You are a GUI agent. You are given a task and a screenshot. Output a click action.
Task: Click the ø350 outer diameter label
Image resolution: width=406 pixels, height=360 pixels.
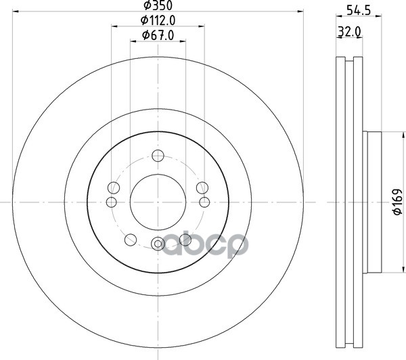click(158, 5)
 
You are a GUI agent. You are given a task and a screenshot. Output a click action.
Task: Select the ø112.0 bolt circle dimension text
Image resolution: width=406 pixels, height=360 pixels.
click(158, 20)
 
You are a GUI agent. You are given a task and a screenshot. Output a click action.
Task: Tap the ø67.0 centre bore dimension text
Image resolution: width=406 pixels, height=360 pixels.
click(158, 35)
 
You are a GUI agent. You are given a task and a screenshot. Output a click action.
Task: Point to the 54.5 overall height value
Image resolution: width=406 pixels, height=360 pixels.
click(359, 11)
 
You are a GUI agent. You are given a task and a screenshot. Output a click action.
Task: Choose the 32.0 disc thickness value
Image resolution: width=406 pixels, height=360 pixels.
click(349, 32)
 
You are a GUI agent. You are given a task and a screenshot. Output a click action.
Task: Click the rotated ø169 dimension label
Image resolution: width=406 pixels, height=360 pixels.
click(397, 202)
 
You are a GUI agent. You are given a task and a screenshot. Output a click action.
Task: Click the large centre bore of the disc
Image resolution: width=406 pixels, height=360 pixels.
click(158, 202)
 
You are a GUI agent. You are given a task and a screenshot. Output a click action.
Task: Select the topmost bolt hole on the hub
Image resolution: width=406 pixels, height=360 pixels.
click(158, 156)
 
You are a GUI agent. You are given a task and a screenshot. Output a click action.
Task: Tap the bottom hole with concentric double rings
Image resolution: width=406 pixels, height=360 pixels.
click(158, 244)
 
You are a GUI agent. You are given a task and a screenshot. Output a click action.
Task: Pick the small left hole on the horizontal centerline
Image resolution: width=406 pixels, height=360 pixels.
click(112, 202)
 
